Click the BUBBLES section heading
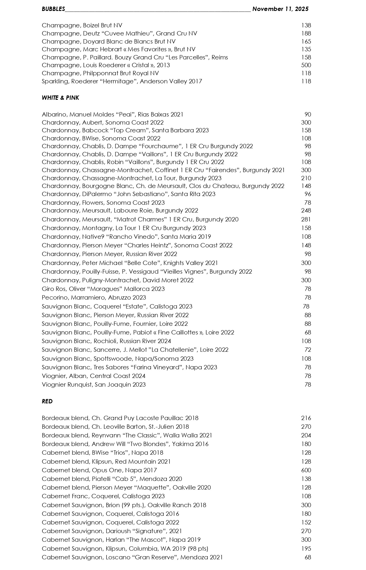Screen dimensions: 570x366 [53, 9]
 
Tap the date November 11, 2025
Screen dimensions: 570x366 [280, 9]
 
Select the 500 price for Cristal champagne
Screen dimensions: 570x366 [306, 65]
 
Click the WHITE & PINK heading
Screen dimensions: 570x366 [60, 98]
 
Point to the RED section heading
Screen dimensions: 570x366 [47, 401]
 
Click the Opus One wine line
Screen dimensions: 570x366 [99, 470]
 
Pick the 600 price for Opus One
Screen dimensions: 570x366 [306, 470]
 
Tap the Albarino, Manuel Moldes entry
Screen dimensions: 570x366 [112, 114]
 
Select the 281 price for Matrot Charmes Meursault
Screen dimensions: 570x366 [306, 219]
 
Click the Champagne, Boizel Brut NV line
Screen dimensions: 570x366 [82, 25]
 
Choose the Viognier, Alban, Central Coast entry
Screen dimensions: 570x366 [93, 376]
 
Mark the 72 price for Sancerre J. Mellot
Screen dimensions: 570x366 [308, 350]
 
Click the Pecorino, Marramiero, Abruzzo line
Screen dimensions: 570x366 [94, 298]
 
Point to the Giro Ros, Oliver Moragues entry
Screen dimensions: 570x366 [103, 289]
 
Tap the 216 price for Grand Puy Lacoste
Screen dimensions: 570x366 [306, 418]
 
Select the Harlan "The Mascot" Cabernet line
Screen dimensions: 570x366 [121, 539]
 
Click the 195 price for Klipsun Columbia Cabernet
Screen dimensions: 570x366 [306, 548]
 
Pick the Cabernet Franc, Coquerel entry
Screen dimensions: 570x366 [103, 496]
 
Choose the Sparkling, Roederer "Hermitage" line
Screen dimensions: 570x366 [122, 81]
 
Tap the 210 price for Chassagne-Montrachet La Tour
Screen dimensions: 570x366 [306, 178]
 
